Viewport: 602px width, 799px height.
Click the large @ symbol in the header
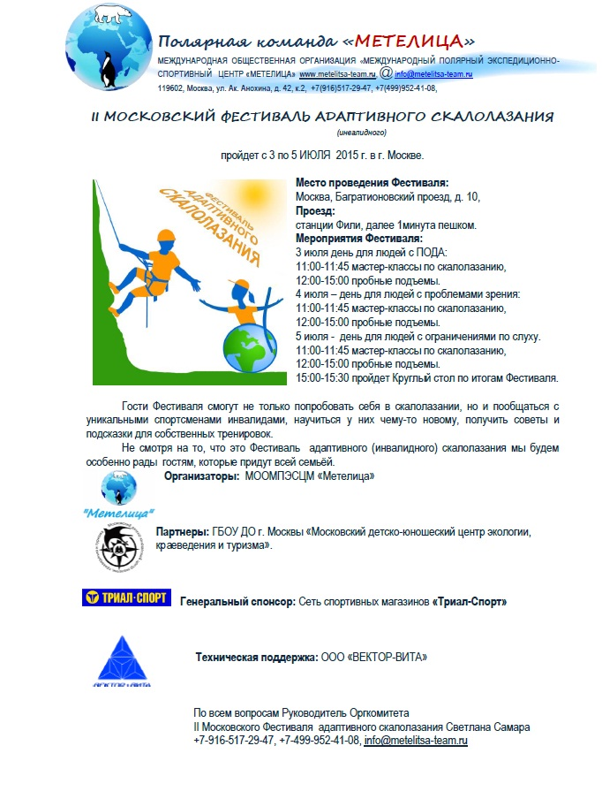coord(386,72)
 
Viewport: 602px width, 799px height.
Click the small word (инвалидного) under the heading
coord(362,133)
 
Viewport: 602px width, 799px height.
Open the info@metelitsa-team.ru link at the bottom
coord(416,740)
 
